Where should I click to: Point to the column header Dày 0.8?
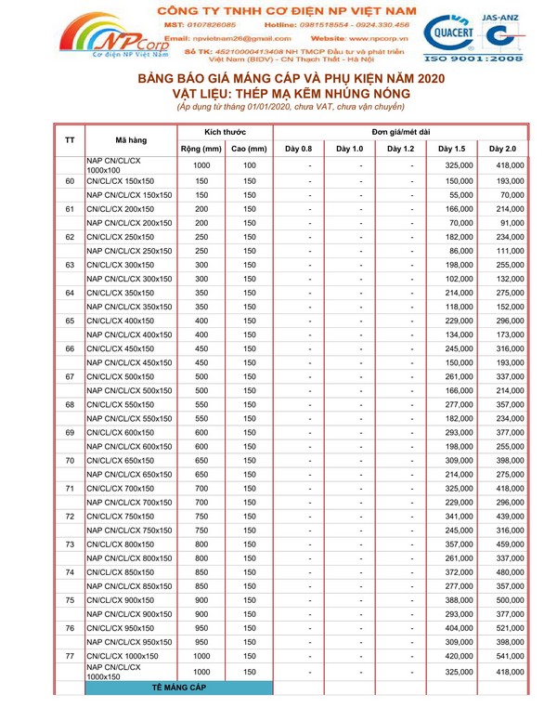(x=298, y=148)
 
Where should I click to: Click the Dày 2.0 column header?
(x=502, y=148)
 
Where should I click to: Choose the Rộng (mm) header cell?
(x=201, y=148)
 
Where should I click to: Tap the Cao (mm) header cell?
(x=250, y=148)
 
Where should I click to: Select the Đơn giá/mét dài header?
(x=400, y=132)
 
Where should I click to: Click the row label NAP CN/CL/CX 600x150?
(x=130, y=447)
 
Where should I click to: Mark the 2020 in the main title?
(x=421, y=80)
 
